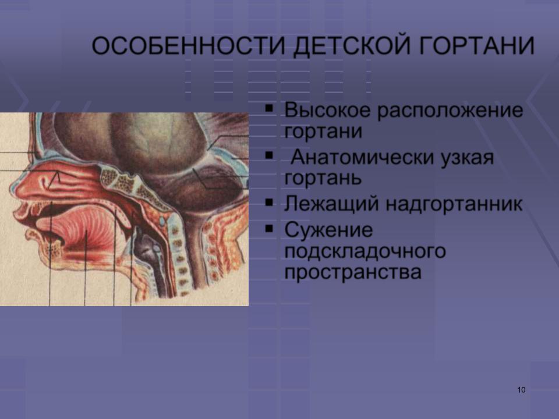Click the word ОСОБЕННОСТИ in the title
(x=189, y=45)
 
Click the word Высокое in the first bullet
(x=327, y=110)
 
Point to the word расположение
(x=450, y=111)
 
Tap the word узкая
(x=468, y=158)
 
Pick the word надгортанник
(x=454, y=204)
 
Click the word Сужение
(x=328, y=230)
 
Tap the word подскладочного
(x=365, y=251)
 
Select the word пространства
(x=353, y=272)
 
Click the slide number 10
(x=521, y=390)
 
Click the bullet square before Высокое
(x=269, y=108)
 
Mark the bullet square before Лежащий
(x=269, y=203)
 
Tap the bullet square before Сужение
(x=269, y=228)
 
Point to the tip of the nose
(x=10, y=188)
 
